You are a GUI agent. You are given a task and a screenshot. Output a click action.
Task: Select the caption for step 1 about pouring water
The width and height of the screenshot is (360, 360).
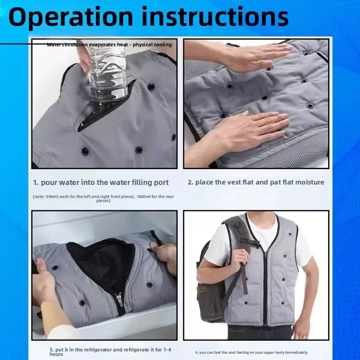tap(101, 182)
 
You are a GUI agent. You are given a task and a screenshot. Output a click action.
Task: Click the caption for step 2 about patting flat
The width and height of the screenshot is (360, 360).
tap(256, 182)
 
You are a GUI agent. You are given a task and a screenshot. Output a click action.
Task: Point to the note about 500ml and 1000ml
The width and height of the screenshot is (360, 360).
tap(103, 198)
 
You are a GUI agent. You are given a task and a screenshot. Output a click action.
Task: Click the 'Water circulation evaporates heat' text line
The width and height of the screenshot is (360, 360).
tap(109, 45)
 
